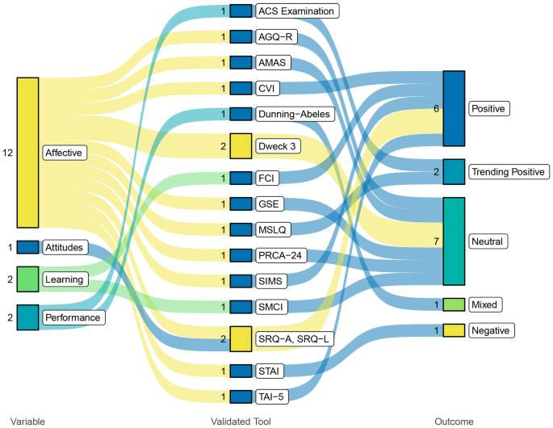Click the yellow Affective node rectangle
point(27,152)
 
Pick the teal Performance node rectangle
point(27,317)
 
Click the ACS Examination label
point(295,11)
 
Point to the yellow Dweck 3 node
point(241,146)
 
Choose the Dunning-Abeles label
point(294,114)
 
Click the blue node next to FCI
point(241,178)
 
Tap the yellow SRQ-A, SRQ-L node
point(241,338)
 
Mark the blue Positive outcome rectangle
point(454,108)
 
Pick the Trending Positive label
point(510,171)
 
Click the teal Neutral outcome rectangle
point(454,241)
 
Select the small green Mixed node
point(454,304)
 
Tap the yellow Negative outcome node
point(454,330)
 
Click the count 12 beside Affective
point(8,152)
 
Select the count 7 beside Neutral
point(435,241)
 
